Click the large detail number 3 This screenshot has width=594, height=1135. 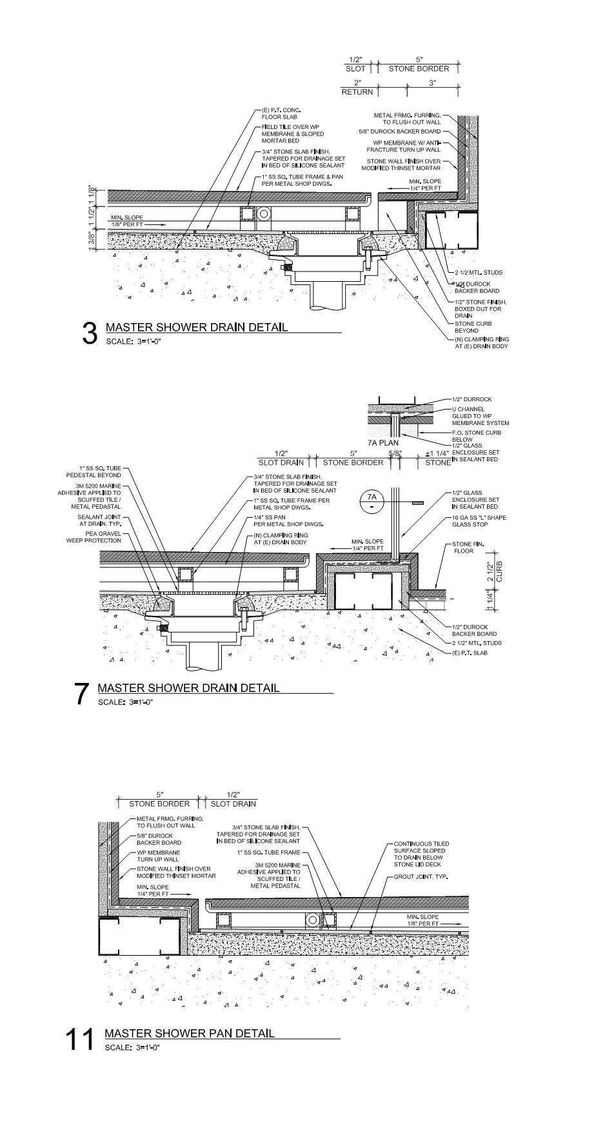[x=90, y=333]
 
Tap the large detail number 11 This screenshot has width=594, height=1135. [x=79, y=1039]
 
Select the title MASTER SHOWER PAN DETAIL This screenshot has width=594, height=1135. [x=189, y=1033]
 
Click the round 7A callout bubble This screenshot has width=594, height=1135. [x=371, y=500]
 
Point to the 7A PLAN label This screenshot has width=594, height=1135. [x=382, y=443]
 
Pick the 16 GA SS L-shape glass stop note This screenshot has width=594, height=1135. [x=479, y=521]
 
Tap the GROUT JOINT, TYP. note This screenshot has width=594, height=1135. [x=421, y=877]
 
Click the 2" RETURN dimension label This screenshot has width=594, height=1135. [x=357, y=88]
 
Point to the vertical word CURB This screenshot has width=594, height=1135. [x=499, y=571]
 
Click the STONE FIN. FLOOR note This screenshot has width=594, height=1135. [x=468, y=548]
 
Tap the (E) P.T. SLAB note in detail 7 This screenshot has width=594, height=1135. [x=469, y=653]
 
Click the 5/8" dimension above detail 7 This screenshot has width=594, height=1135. [x=395, y=453]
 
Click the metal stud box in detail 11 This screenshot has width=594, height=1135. [x=138, y=938]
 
